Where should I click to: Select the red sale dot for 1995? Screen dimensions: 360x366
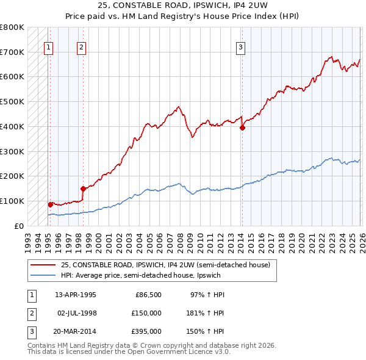[50, 204]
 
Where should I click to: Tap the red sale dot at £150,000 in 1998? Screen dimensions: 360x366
[82, 189]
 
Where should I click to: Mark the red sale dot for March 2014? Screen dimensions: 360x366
[242, 128]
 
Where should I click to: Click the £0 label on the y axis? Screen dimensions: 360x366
[19, 226]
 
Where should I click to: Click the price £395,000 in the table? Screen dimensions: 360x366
[147, 331]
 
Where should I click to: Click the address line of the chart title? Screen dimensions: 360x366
[183, 5]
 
